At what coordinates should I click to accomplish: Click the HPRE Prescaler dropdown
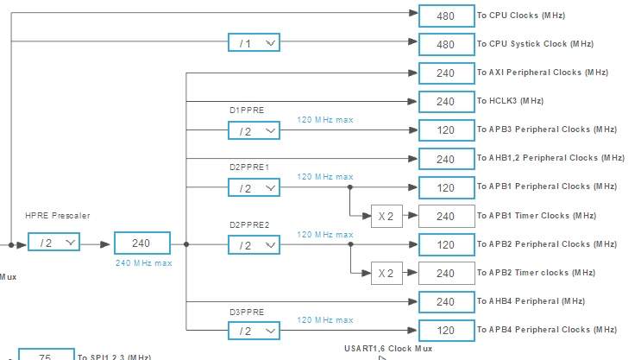pyautogui.click(x=53, y=243)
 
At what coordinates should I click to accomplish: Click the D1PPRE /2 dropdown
pyautogui.click(x=254, y=130)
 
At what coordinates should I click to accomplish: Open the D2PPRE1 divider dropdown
pyautogui.click(x=254, y=187)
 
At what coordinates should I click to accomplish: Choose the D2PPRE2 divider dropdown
pyautogui.click(x=254, y=245)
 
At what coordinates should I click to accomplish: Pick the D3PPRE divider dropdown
pyautogui.click(x=254, y=331)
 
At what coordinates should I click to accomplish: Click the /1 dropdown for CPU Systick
pyautogui.click(x=254, y=43)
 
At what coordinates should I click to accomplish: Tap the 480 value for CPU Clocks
pyautogui.click(x=445, y=16)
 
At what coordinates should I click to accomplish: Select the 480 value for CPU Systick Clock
pyautogui.click(x=445, y=44)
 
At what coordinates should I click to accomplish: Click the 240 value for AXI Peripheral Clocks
pyautogui.click(x=445, y=73)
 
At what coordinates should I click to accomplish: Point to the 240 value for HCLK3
pyautogui.click(x=445, y=101)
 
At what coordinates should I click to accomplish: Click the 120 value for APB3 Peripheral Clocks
pyautogui.click(x=445, y=130)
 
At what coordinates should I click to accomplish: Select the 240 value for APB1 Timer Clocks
pyautogui.click(x=445, y=216)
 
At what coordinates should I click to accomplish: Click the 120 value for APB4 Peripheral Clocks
pyautogui.click(x=445, y=331)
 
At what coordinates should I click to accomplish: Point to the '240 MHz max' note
pyautogui.click(x=142, y=263)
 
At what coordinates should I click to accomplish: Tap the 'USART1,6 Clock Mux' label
pyautogui.click(x=387, y=349)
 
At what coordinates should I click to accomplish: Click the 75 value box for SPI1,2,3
pyautogui.click(x=45, y=356)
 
